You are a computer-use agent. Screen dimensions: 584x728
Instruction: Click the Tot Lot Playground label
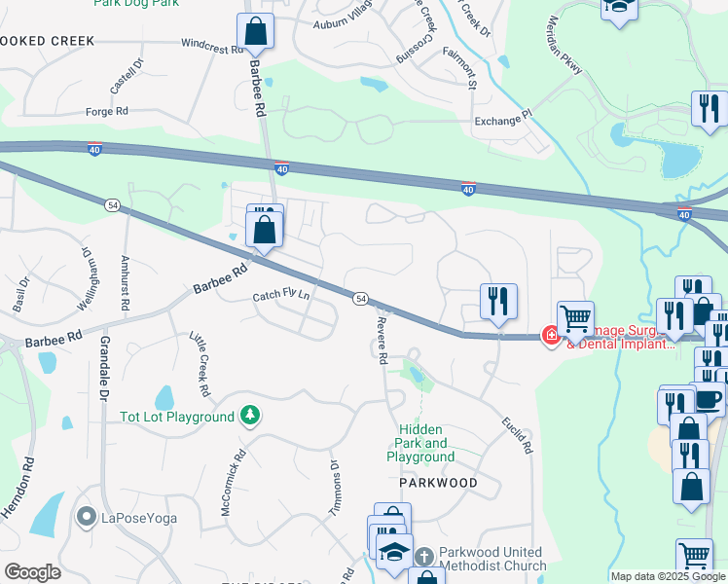tap(177, 417)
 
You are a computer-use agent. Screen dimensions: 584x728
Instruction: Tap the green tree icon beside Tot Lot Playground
tap(250, 416)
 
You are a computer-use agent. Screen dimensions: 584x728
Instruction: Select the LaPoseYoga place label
tap(139, 517)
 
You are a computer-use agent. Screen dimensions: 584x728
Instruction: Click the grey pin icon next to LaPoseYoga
tap(87, 516)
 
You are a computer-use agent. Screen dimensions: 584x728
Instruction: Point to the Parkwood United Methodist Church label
tap(491, 560)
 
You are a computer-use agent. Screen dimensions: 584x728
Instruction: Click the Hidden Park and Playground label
tap(420, 443)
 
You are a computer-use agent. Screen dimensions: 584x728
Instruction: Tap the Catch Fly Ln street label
tap(281, 295)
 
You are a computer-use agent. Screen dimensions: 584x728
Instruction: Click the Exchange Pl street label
tap(503, 122)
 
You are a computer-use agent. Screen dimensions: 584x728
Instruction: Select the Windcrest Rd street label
tap(211, 45)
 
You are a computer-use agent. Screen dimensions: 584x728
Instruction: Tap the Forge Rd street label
tap(107, 112)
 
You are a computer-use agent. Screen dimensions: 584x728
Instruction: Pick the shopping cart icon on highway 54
tap(576, 317)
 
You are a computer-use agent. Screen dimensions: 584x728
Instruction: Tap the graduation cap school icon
tap(394, 551)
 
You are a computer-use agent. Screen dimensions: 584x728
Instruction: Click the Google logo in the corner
tap(32, 571)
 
